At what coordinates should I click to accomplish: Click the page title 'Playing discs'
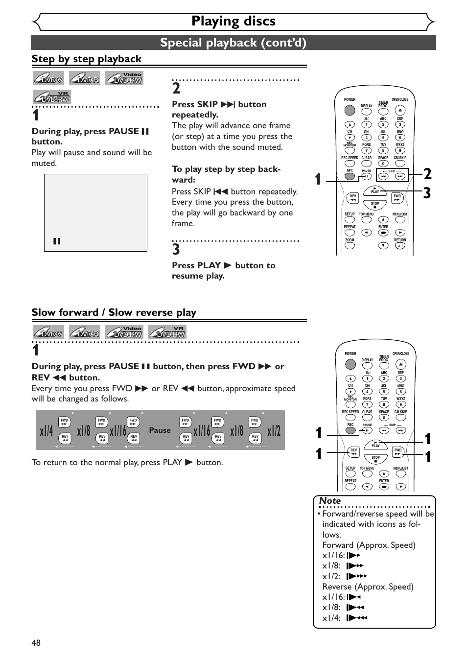(233, 21)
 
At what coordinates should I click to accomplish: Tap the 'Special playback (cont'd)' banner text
(233, 43)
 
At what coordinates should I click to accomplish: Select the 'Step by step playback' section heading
(87, 59)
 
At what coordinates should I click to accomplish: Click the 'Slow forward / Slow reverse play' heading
(114, 312)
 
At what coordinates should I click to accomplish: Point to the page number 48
(36, 642)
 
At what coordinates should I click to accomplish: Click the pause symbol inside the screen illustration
(57, 241)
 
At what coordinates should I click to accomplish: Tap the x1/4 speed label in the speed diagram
(47, 431)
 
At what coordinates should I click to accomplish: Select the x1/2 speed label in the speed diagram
(274, 431)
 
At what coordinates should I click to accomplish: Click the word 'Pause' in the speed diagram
(160, 430)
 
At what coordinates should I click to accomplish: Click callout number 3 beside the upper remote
(427, 193)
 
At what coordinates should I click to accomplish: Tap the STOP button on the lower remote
(375, 461)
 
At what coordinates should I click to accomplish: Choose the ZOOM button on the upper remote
(350, 246)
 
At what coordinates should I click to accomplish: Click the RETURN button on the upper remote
(400, 246)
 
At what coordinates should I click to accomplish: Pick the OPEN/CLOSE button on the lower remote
(400, 364)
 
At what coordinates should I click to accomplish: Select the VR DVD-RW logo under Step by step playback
(52, 97)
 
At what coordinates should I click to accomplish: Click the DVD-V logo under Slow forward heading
(48, 332)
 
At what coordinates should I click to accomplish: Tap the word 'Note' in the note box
(330, 500)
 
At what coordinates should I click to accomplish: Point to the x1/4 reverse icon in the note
(357, 617)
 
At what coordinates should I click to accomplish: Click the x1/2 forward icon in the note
(357, 576)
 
